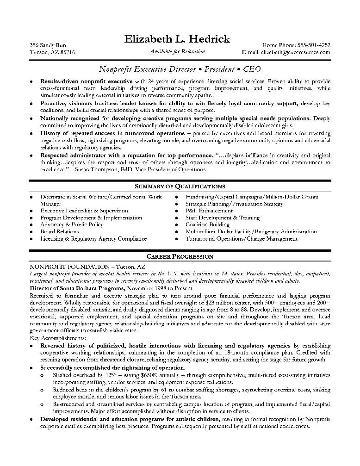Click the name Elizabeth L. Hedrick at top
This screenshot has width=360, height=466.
[x=177, y=39]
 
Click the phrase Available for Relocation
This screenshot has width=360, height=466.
[x=177, y=51]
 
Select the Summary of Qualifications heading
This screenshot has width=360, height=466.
[x=180, y=186]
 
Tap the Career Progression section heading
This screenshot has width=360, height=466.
[x=180, y=256]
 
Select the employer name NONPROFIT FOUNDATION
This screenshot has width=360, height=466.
[x=68, y=267]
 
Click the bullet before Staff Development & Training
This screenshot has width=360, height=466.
[x=177, y=218]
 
